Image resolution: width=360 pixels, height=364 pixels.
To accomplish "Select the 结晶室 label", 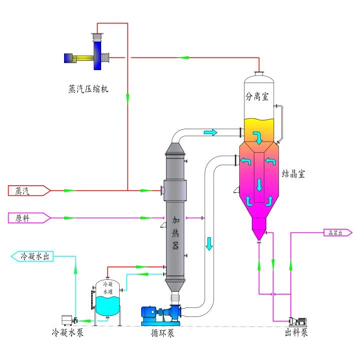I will point(293,174).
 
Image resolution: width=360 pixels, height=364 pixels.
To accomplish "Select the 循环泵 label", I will point(163,332).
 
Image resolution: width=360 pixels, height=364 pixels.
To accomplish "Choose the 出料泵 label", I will point(296,332).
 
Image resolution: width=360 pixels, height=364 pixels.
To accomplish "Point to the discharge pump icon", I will point(299,319).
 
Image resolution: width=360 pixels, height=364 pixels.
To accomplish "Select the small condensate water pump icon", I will point(68,319).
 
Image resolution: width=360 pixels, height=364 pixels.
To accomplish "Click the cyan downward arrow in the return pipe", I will point(209,244).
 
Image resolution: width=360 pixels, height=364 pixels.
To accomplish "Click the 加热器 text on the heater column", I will point(176,232).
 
